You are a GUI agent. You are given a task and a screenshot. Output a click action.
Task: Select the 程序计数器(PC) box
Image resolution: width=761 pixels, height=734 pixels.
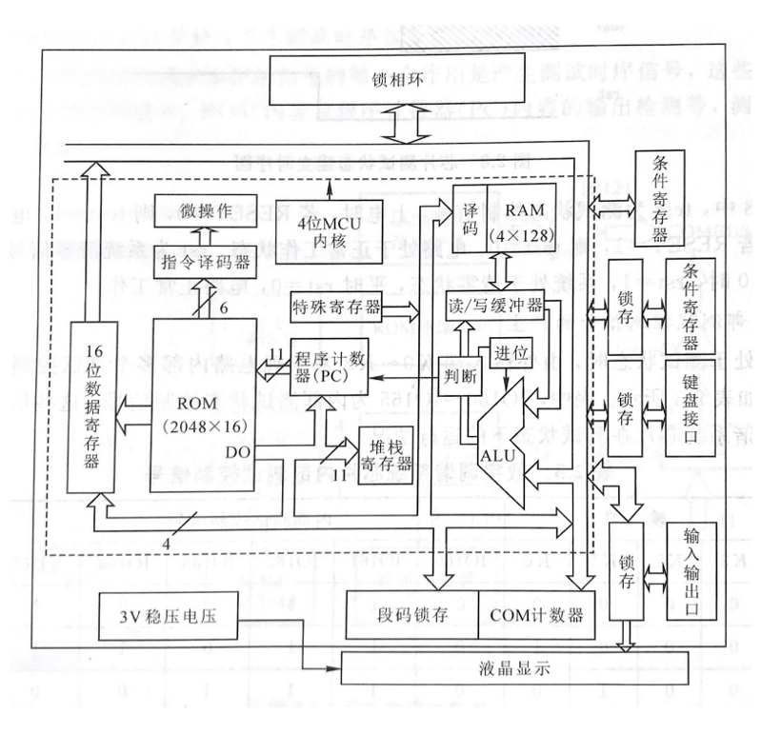click(330, 367)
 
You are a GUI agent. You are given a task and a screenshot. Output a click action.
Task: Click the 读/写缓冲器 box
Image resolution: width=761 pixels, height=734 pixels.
click(495, 307)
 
